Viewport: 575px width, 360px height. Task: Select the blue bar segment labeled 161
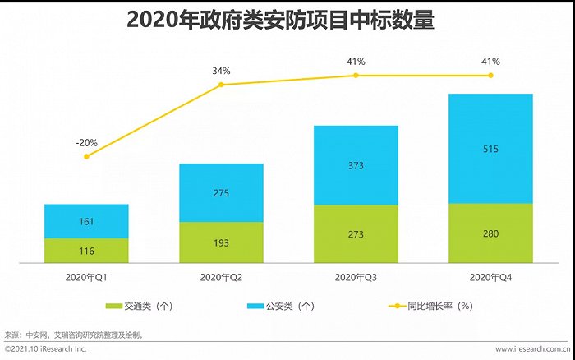pyautogui.click(x=86, y=221)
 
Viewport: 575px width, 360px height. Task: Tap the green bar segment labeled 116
pyautogui.click(x=86, y=251)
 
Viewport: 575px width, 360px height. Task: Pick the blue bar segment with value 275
pyautogui.click(x=221, y=192)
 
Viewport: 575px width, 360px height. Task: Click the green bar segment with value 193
pyautogui.click(x=221, y=242)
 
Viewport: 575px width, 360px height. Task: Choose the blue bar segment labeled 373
pyautogui.click(x=356, y=165)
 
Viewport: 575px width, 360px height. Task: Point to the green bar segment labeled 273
pyautogui.click(x=356, y=234)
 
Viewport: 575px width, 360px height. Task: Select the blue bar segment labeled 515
pyautogui.click(x=490, y=149)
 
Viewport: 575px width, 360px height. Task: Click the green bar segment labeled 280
pyautogui.click(x=490, y=233)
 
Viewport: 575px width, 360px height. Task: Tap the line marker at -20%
pyautogui.click(x=86, y=156)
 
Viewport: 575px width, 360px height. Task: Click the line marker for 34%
pyautogui.click(x=221, y=85)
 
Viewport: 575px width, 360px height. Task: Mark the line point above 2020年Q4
pyautogui.click(x=490, y=75)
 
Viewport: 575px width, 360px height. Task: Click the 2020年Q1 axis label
pyautogui.click(x=86, y=275)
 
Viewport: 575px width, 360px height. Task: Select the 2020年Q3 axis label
pyautogui.click(x=356, y=275)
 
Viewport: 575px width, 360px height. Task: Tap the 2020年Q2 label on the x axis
pyautogui.click(x=221, y=275)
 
